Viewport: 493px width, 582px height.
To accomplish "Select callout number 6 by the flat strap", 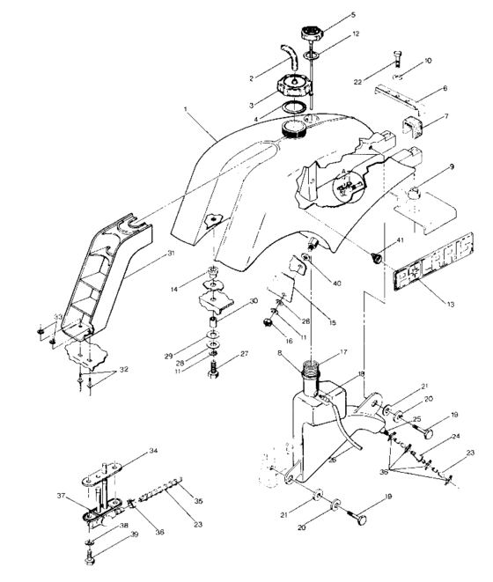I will tap(445, 89).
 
